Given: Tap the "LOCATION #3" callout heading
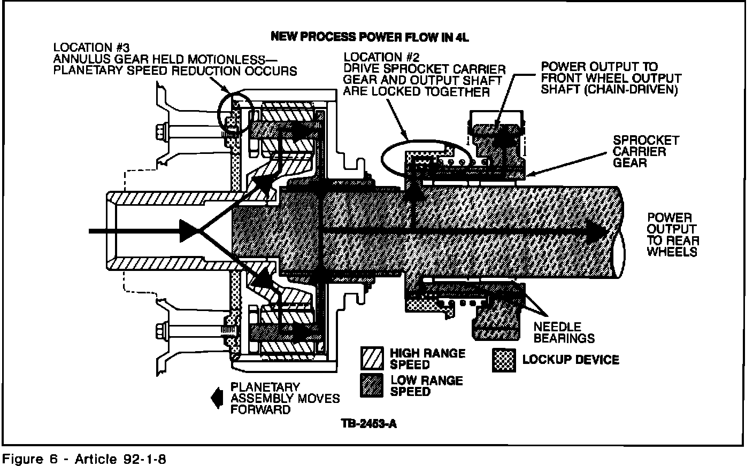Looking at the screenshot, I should [87, 48].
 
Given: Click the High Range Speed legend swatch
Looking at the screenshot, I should [373, 359].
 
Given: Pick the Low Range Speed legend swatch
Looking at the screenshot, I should [373, 386].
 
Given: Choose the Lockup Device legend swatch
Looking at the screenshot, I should [504, 360].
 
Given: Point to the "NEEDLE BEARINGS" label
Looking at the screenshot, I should [564, 332].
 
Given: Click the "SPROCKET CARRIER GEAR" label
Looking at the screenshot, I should [646, 151].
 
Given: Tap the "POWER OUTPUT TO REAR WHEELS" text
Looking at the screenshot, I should [672, 235].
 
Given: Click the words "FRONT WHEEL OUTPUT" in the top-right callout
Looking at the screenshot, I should [611, 78].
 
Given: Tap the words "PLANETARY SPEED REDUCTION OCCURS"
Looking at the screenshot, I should [175, 71].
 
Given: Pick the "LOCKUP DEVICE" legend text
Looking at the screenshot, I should [571, 360].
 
